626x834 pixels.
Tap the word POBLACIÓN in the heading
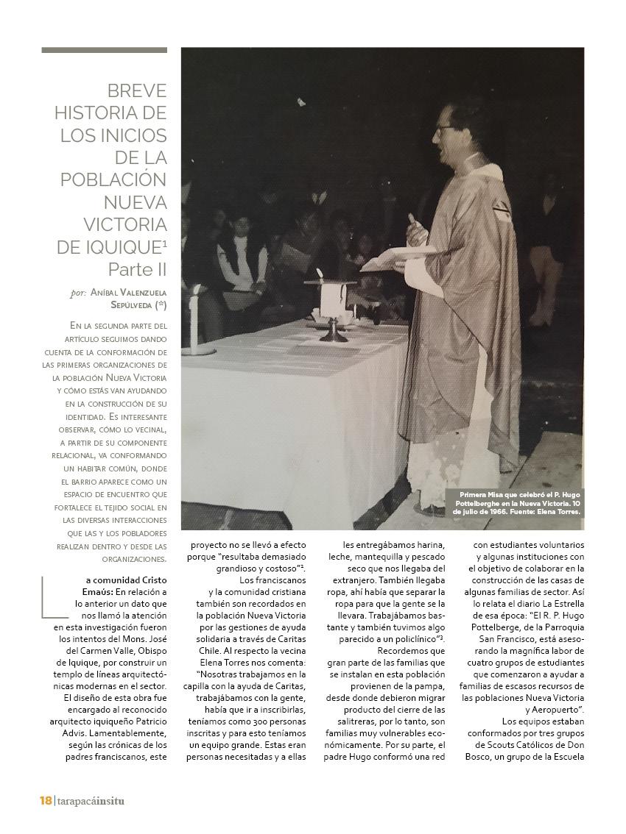[113, 179]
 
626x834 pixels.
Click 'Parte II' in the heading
[138, 268]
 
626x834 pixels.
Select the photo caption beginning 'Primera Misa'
[519, 502]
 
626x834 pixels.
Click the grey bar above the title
[104, 50]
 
